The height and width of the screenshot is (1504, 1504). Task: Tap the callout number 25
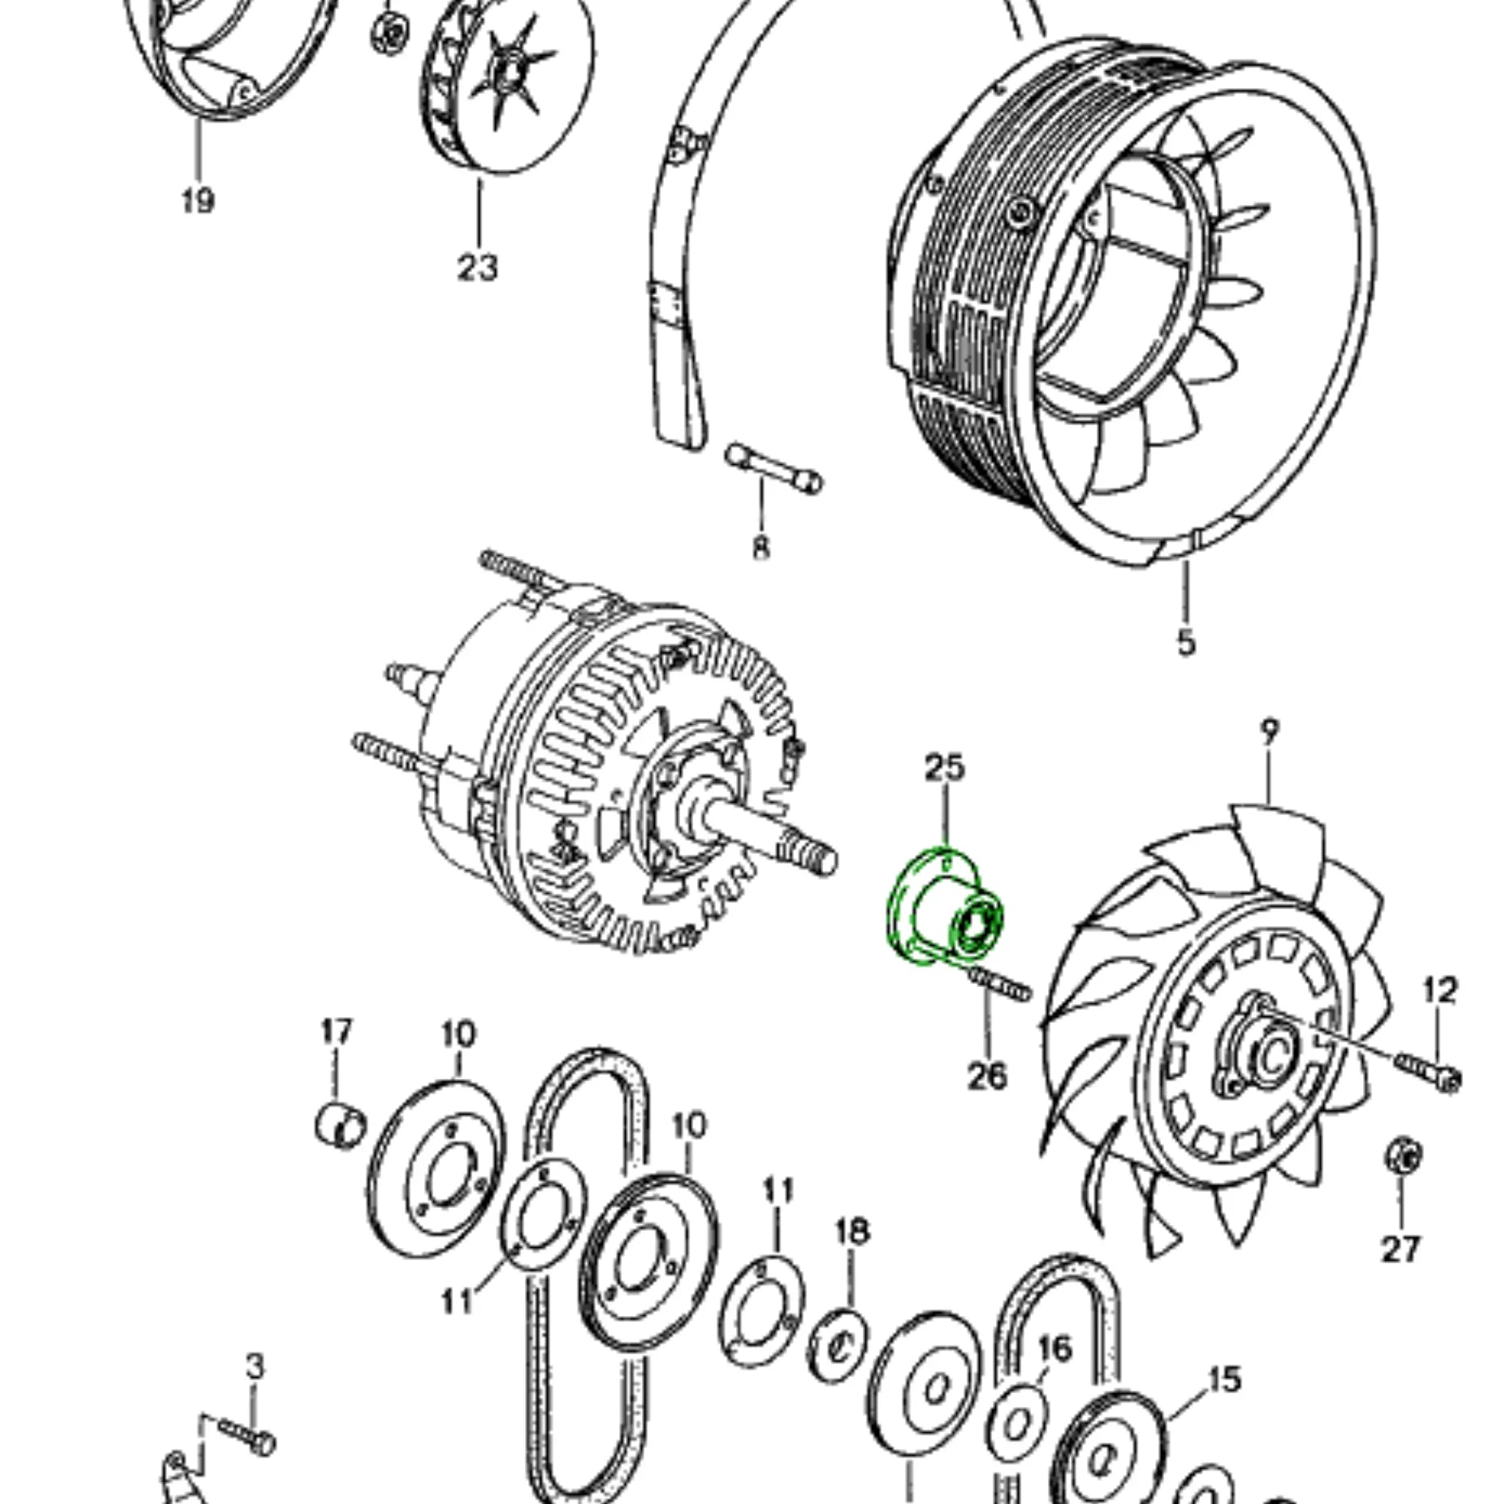tap(945, 767)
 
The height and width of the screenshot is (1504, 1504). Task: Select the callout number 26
tap(987, 1076)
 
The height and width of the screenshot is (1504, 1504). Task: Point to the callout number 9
tap(1269, 731)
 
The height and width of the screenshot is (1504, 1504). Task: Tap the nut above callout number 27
tap(1403, 1155)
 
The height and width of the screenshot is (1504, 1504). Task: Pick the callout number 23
tap(477, 268)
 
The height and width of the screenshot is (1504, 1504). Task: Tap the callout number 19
tap(198, 200)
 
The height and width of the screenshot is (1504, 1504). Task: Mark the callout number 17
tap(336, 1033)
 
